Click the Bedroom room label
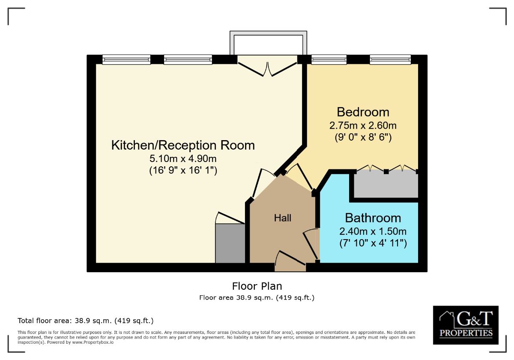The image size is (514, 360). [363, 112]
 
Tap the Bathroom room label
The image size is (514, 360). [373, 218]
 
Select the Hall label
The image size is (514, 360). [282, 218]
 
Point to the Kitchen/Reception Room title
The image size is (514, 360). [183, 145]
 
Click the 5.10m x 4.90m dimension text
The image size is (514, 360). [183, 159]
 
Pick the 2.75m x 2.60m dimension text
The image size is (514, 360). [363, 125]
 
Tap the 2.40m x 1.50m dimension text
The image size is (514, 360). [373, 231]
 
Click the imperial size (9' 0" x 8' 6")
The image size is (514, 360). [363, 137]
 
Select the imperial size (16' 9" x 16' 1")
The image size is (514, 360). [183, 170]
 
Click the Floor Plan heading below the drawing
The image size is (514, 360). [257, 286]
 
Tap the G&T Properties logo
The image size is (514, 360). [466, 325]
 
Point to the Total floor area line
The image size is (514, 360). [86, 321]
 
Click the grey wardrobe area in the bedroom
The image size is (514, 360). [386, 184]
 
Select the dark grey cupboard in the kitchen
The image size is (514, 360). [230, 243]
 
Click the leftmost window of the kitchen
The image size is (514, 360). [126, 60]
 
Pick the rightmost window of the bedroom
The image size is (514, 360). [390, 60]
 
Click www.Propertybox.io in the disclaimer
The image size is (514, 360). [93, 342]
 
